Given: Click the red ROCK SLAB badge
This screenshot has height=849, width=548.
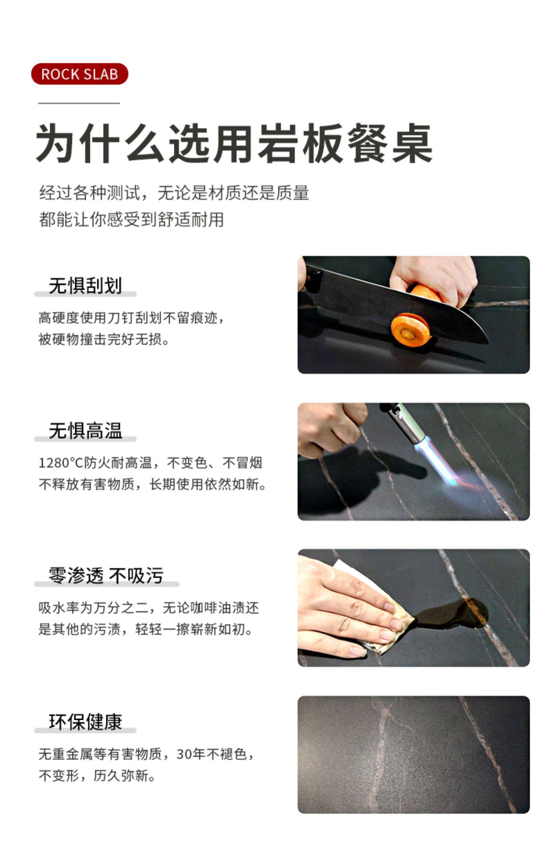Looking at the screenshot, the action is pos(80,74).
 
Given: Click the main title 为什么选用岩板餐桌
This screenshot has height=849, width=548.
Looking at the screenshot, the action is pos(234,144).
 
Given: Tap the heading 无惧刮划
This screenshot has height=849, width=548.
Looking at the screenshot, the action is pos(85,286).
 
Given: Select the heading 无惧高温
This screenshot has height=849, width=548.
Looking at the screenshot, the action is pos(85,430).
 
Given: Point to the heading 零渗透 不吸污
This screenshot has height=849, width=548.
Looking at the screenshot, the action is pos(106,576).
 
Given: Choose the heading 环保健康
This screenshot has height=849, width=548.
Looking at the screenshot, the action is pos(85,721).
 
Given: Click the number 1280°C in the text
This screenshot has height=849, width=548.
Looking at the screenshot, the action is pos(61,463).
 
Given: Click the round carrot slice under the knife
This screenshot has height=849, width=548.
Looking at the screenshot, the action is pos(410,329).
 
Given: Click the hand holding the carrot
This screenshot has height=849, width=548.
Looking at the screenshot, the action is pos(433,280).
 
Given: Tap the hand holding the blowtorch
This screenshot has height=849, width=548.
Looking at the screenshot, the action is pos(331,428).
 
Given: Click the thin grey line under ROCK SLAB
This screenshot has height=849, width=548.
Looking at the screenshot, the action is pos(79,103).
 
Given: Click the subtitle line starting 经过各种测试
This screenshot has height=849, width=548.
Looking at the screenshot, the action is pos(174,193).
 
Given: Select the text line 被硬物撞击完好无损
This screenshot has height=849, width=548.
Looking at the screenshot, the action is pos(104,339).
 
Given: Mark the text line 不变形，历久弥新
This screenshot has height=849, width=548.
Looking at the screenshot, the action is pos(97,775).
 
